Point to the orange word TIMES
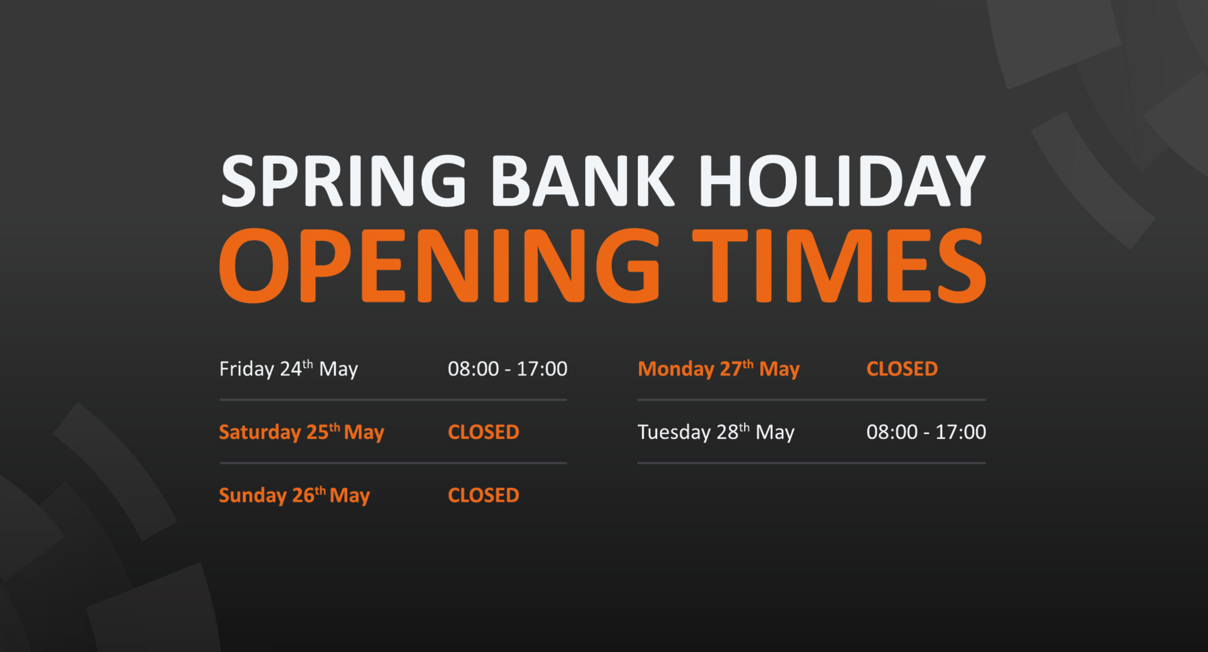(839, 266)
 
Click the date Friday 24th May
(288, 369)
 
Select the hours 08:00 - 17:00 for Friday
(507, 369)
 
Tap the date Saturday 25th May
(301, 432)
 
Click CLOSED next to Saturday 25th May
(484, 432)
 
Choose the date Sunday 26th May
(294, 495)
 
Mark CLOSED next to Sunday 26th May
(484, 495)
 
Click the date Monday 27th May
(718, 369)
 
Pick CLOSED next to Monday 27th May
(902, 369)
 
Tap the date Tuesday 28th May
(716, 432)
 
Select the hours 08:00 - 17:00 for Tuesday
(926, 432)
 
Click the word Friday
(247, 369)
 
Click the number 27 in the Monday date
(730, 369)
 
